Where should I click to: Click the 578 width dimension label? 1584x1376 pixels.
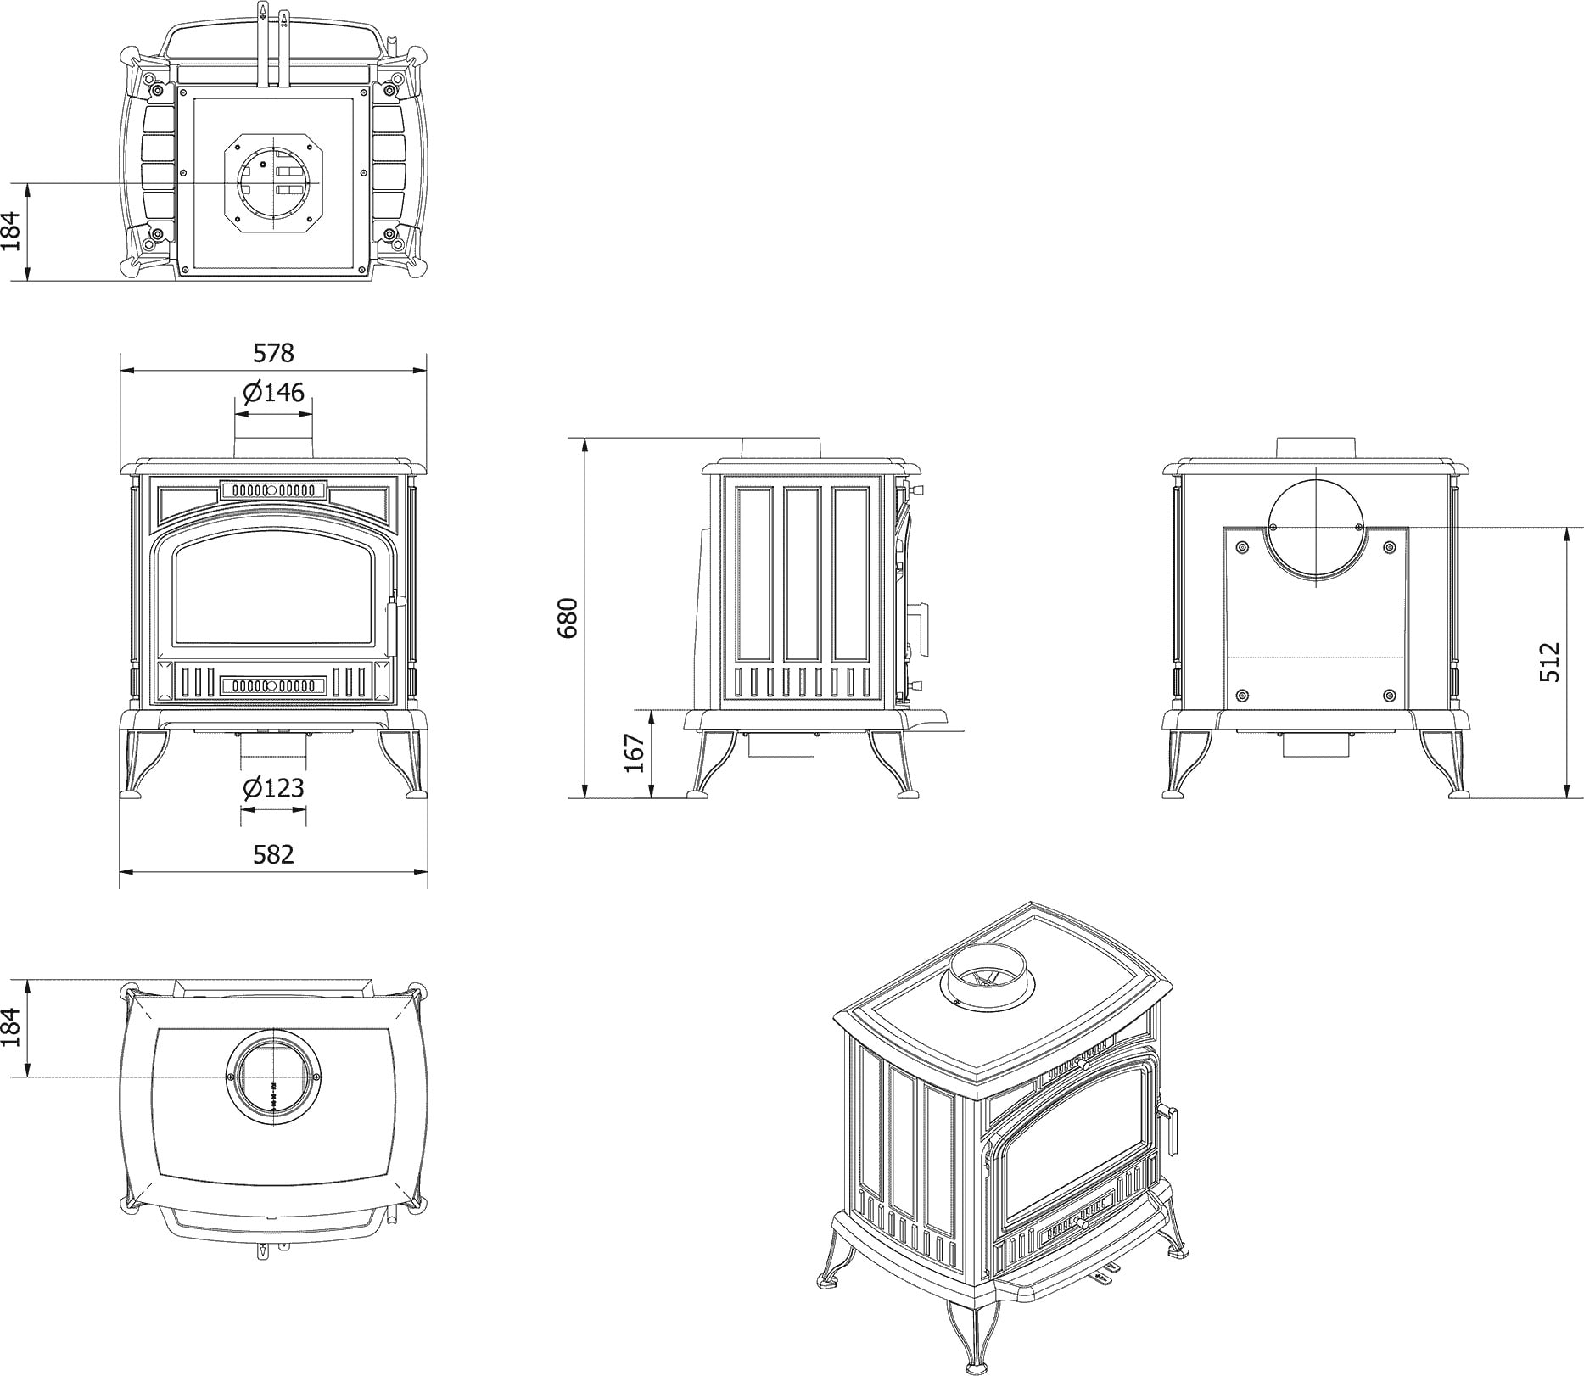click(273, 351)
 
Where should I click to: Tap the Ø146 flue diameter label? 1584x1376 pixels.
click(273, 393)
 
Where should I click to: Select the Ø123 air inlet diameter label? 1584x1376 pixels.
click(273, 788)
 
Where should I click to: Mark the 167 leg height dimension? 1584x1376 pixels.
click(635, 752)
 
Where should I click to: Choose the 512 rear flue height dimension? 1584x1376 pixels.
click(1549, 663)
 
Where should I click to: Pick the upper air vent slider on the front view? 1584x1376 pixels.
click(273, 490)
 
